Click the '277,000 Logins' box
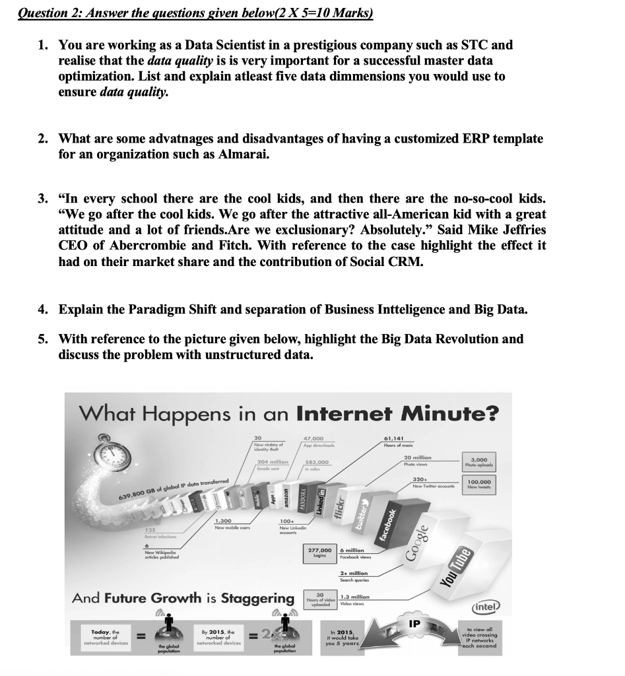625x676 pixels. [319, 553]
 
